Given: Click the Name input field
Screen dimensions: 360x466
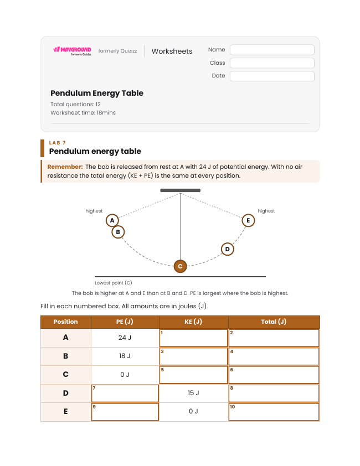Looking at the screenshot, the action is pos(272,50).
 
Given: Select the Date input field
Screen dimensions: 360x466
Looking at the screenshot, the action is pos(272,76).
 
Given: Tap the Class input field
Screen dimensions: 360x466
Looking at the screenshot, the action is pos(272,63).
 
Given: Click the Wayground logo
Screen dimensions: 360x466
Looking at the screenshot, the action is pos(72,51).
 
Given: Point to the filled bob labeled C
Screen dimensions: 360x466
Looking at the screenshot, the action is pos(180,266).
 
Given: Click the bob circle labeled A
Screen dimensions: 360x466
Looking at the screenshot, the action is pos(112,220).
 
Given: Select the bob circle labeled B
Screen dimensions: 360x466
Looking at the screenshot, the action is pos(118,232).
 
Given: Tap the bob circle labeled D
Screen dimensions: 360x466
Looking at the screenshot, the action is pos(228,249).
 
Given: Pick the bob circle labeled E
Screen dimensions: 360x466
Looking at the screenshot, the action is pos(248,220).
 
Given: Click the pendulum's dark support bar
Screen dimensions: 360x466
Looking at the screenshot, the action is pos(181,190).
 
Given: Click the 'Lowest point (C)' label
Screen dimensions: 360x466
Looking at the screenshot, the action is pos(114,283).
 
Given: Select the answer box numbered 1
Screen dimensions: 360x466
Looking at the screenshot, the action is pos(194,338).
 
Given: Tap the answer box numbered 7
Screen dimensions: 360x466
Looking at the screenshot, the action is pos(125,393).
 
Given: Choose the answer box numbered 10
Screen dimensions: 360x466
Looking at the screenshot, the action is pos(274,412).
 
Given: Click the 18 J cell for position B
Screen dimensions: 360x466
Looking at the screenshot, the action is pos(125,356).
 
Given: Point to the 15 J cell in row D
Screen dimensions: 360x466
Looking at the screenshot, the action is pos(193,393).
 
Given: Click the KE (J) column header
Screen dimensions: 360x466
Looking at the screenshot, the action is pos(194,322).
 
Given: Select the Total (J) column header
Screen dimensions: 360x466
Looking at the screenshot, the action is pos(274,322).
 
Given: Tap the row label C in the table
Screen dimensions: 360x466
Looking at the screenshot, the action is pos(66,375).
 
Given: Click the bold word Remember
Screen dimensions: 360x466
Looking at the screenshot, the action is pos(65,167).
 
